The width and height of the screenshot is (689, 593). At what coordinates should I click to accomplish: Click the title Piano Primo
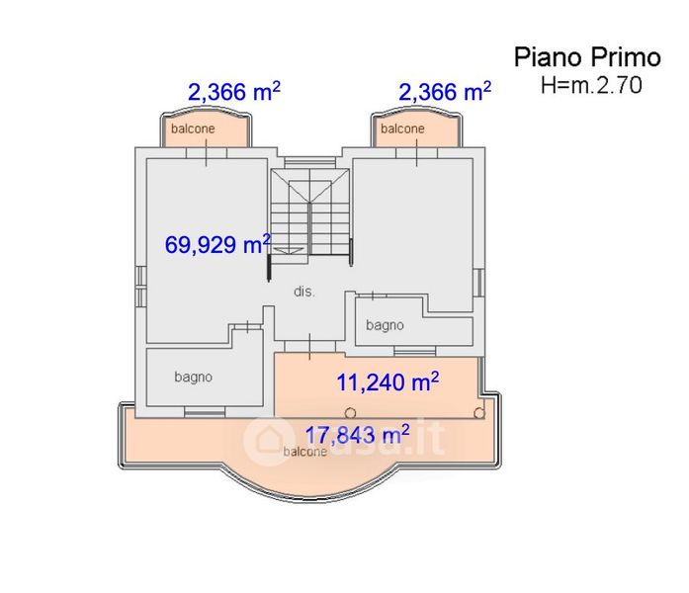pyautogui.click(x=587, y=57)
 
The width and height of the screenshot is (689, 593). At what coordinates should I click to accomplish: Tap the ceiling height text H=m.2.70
pyautogui.click(x=591, y=85)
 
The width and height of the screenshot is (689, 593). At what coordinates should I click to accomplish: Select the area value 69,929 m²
pyautogui.click(x=217, y=244)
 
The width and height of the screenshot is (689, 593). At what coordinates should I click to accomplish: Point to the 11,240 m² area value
pyautogui.click(x=388, y=381)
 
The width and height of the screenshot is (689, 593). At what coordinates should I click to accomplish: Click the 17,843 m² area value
pyautogui.click(x=357, y=435)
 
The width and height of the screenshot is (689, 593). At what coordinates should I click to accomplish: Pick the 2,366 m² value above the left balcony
pyautogui.click(x=234, y=92)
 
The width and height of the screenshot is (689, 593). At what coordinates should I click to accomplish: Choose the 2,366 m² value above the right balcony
pyautogui.click(x=445, y=92)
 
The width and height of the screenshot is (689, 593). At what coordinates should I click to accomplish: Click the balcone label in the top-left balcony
pyautogui.click(x=193, y=128)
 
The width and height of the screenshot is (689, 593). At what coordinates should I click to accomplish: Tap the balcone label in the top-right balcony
pyautogui.click(x=402, y=128)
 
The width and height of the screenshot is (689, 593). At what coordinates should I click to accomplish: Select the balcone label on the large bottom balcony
pyautogui.click(x=304, y=452)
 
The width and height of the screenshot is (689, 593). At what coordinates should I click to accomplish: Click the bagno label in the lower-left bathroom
pyautogui.click(x=194, y=377)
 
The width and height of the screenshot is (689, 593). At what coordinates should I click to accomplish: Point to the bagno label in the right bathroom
pyautogui.click(x=385, y=325)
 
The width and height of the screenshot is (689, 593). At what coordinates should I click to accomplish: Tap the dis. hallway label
pyautogui.click(x=304, y=292)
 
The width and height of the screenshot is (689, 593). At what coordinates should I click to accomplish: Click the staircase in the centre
pyautogui.click(x=309, y=216)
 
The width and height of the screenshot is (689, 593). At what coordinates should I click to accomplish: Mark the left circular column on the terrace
pyautogui.click(x=350, y=413)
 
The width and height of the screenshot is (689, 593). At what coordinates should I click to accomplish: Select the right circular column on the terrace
pyautogui.click(x=479, y=413)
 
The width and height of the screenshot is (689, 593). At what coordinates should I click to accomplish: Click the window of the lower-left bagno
pyautogui.click(x=205, y=412)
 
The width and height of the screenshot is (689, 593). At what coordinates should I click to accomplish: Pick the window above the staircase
pyautogui.click(x=309, y=162)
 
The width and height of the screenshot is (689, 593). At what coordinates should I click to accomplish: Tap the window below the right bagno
pyautogui.click(x=415, y=351)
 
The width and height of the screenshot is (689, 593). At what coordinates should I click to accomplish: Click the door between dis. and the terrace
pyautogui.click(x=309, y=346)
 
